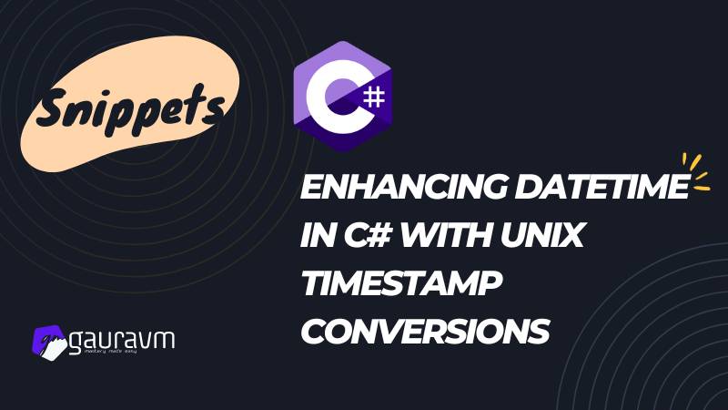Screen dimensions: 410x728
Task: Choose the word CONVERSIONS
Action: tap(425, 331)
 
